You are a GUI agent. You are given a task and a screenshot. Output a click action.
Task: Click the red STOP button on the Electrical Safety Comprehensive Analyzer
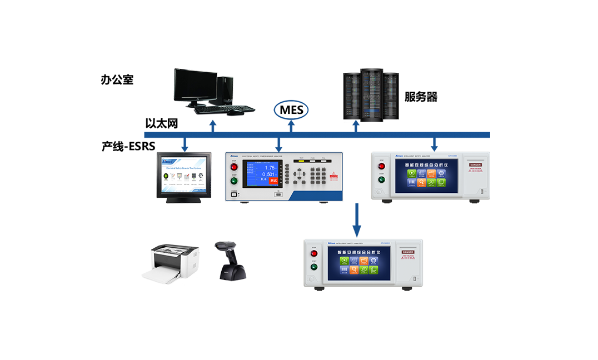234,167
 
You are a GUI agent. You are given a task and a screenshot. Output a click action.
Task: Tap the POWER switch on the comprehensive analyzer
234,194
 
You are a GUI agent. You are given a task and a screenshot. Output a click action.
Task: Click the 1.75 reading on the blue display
269,167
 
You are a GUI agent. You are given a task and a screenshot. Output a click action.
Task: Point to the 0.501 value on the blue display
268,174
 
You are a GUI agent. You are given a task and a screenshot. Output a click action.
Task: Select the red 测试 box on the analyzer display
272,181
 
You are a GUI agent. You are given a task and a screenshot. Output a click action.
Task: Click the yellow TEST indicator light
302,161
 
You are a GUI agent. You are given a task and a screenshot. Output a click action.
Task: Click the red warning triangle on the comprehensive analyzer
333,175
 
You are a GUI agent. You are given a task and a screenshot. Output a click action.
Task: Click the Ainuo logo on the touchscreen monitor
168,161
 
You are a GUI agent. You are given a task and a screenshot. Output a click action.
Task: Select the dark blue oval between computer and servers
291,109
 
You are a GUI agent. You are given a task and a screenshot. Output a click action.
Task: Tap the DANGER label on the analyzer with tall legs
476,165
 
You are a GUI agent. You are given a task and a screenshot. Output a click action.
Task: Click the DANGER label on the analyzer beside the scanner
408,252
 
